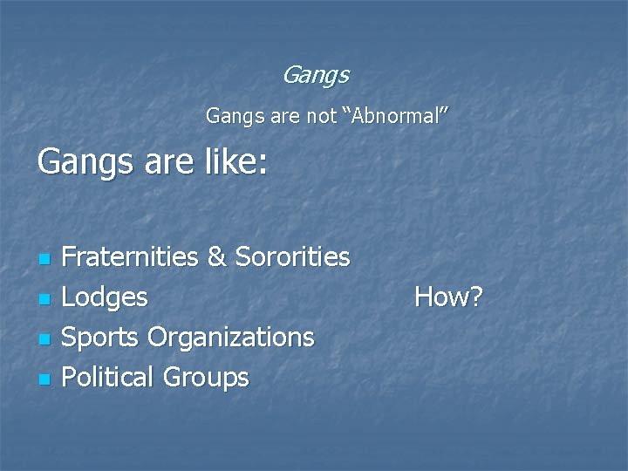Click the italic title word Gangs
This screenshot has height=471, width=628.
[315, 76]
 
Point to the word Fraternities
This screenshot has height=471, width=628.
[131, 256]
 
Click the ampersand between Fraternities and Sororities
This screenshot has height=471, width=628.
[216, 256]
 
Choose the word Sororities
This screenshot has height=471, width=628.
[291, 256]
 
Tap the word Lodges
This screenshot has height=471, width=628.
[105, 297]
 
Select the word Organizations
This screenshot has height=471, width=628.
[230, 338]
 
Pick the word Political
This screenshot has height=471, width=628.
[109, 378]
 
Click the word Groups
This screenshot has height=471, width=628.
[206, 378]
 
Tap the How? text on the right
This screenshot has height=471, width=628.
[448, 297]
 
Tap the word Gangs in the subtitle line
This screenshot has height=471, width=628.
[229, 115]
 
